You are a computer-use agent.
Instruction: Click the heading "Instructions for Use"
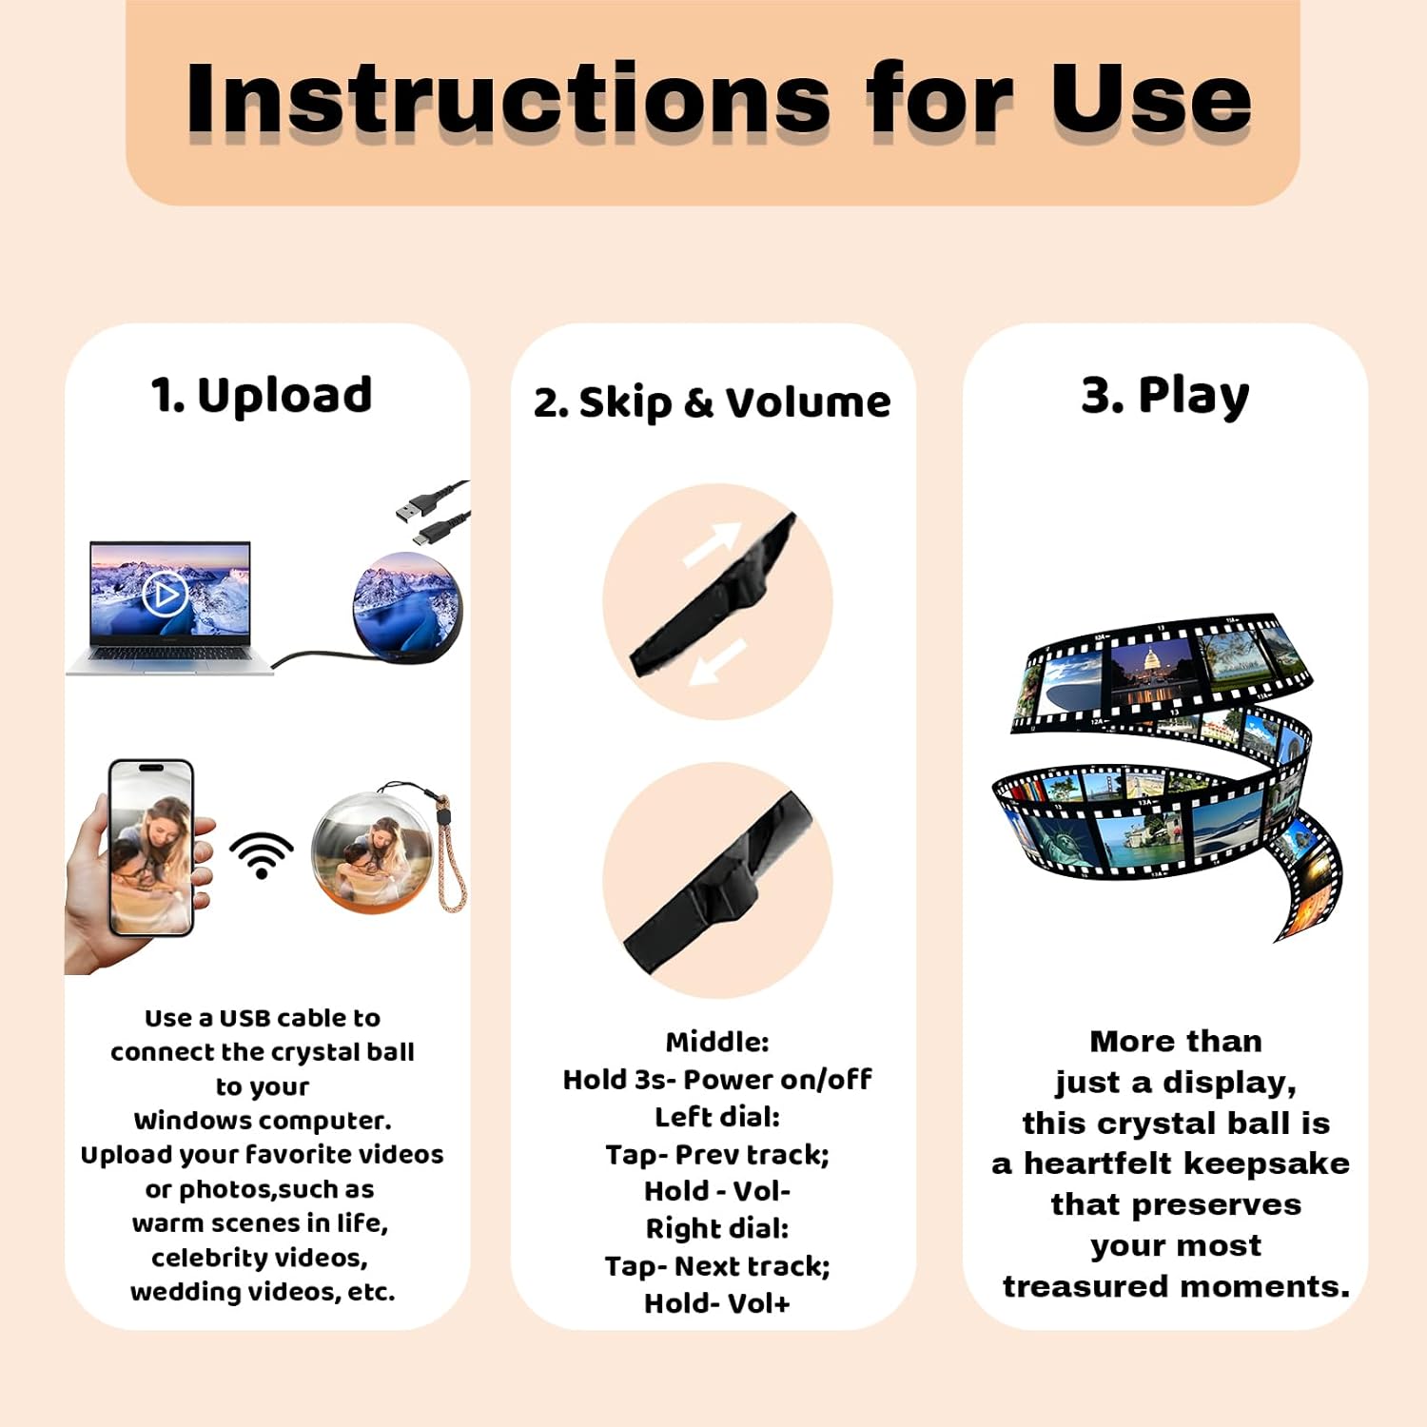(x=718, y=99)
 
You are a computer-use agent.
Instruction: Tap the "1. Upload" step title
(x=262, y=395)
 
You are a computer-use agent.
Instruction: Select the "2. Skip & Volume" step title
(x=712, y=402)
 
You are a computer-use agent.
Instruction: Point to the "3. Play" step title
(x=1165, y=395)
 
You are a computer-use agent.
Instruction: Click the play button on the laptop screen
(x=165, y=594)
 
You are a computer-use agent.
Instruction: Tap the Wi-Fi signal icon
(x=262, y=853)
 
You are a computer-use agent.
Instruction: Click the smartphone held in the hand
(x=152, y=847)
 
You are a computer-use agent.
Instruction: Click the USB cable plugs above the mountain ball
(x=431, y=511)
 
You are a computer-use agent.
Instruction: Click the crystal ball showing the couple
(x=374, y=850)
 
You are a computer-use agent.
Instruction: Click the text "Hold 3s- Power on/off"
(x=717, y=1080)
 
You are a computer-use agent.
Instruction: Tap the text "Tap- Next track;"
(x=717, y=1266)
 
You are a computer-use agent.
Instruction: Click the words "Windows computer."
(x=263, y=1121)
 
